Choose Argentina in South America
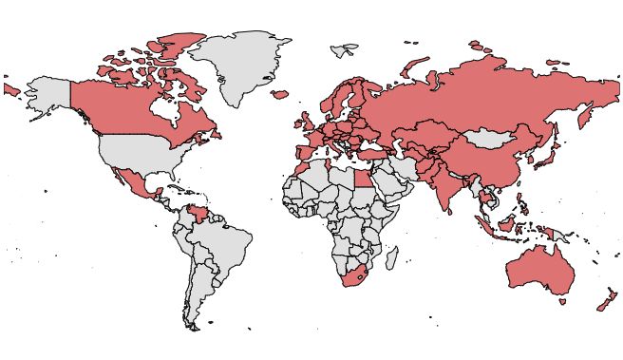[x=199, y=294]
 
